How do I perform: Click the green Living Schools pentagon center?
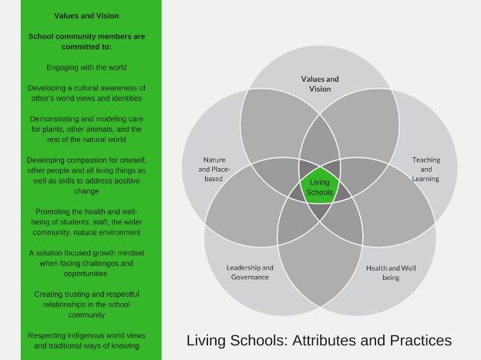point(320,186)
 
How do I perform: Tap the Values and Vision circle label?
point(320,84)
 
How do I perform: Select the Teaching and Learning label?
point(425,169)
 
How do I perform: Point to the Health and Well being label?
point(391,273)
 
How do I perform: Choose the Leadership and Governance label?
point(250,272)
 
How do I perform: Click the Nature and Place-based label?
point(214,169)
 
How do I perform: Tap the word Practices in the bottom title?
point(421,341)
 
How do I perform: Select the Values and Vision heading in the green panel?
point(86,15)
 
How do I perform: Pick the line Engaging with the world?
point(86,68)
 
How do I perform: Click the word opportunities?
point(86,274)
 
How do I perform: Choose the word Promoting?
point(49,212)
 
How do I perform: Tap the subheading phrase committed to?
point(86,47)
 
